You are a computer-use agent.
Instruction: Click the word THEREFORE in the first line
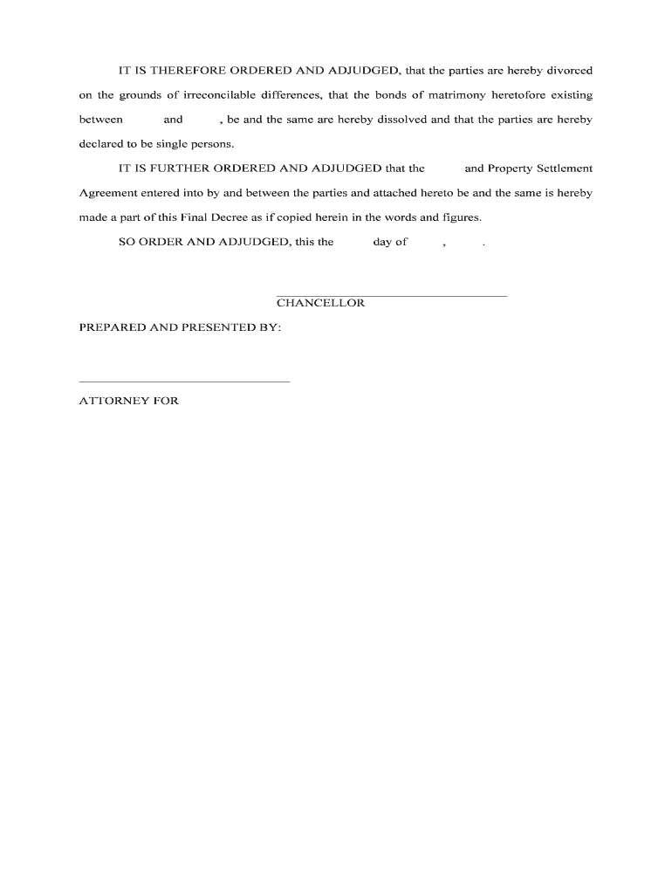183,70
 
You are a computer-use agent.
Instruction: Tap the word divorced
569,70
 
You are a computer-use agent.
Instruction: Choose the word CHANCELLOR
320,303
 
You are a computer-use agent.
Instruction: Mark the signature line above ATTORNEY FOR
184,382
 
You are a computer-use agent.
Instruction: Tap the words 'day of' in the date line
390,243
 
